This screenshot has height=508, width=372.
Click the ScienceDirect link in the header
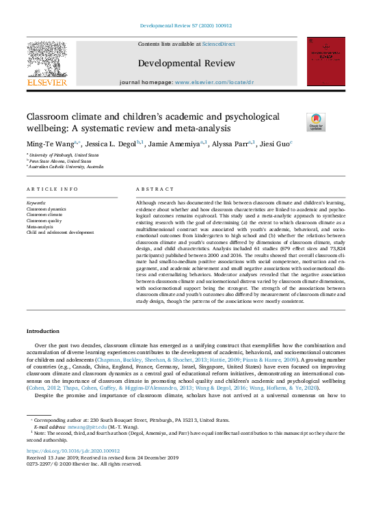coord(218,44)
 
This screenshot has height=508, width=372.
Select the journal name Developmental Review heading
coord(186,64)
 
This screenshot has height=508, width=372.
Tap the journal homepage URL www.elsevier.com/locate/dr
coord(214,82)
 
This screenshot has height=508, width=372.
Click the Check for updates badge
coord(316,122)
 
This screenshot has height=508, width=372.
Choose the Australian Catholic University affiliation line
coord(68,166)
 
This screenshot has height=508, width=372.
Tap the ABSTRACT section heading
coord(150,189)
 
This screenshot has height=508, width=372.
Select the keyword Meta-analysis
coord(42,227)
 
